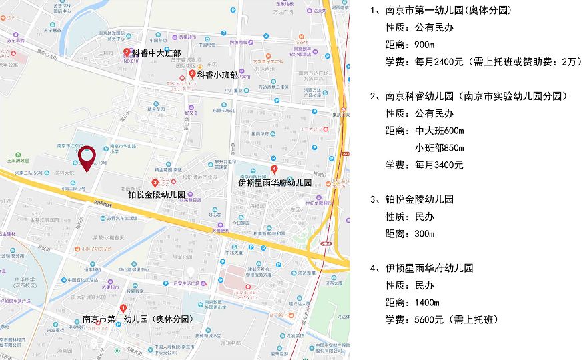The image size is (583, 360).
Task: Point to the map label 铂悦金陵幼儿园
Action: point(156,195)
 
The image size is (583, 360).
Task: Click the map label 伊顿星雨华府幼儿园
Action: point(275,182)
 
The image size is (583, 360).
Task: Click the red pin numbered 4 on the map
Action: point(274,168)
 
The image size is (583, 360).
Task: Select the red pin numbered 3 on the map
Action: point(155,183)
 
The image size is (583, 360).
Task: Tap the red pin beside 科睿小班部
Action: point(192,75)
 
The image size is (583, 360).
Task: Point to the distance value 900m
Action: point(424,45)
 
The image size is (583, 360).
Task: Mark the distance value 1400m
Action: point(427,303)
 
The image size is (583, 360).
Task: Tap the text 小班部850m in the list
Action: point(440,147)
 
